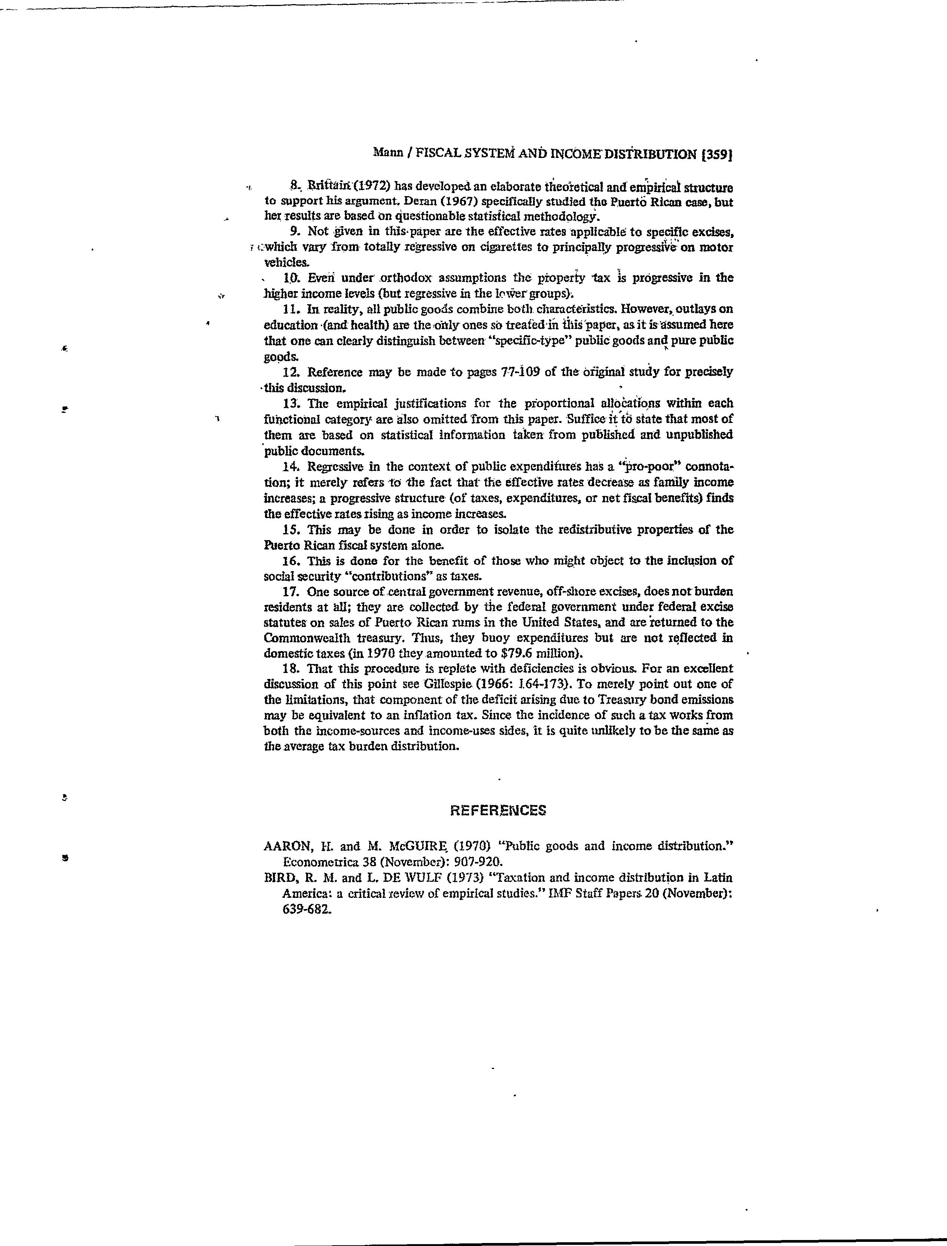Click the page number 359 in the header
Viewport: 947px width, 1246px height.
click(716, 155)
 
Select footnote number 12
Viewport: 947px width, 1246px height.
click(290, 372)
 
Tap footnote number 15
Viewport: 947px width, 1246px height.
click(290, 530)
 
